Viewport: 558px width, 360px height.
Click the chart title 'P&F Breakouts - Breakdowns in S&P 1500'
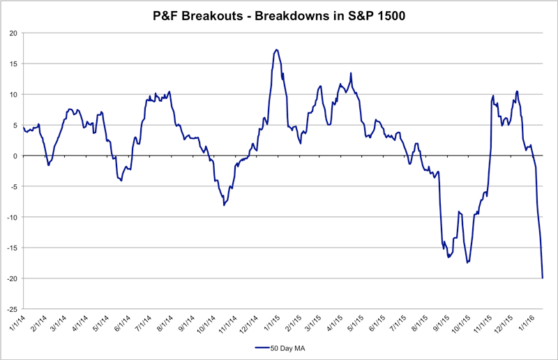point(279,15)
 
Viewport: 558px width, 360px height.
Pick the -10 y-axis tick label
point(12,217)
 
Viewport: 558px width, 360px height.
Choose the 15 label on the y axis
point(13,63)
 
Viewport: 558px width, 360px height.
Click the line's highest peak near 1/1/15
point(276,50)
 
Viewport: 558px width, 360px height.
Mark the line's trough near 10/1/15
point(467,262)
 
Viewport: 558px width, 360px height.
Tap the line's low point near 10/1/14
point(224,205)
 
